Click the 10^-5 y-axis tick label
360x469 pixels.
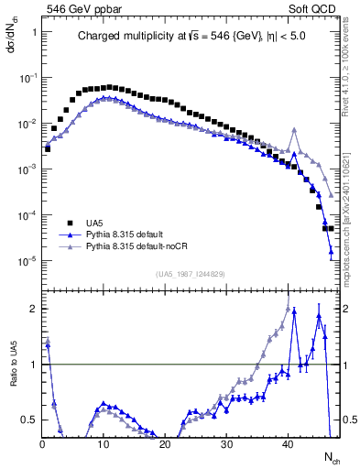(x=28, y=261)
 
